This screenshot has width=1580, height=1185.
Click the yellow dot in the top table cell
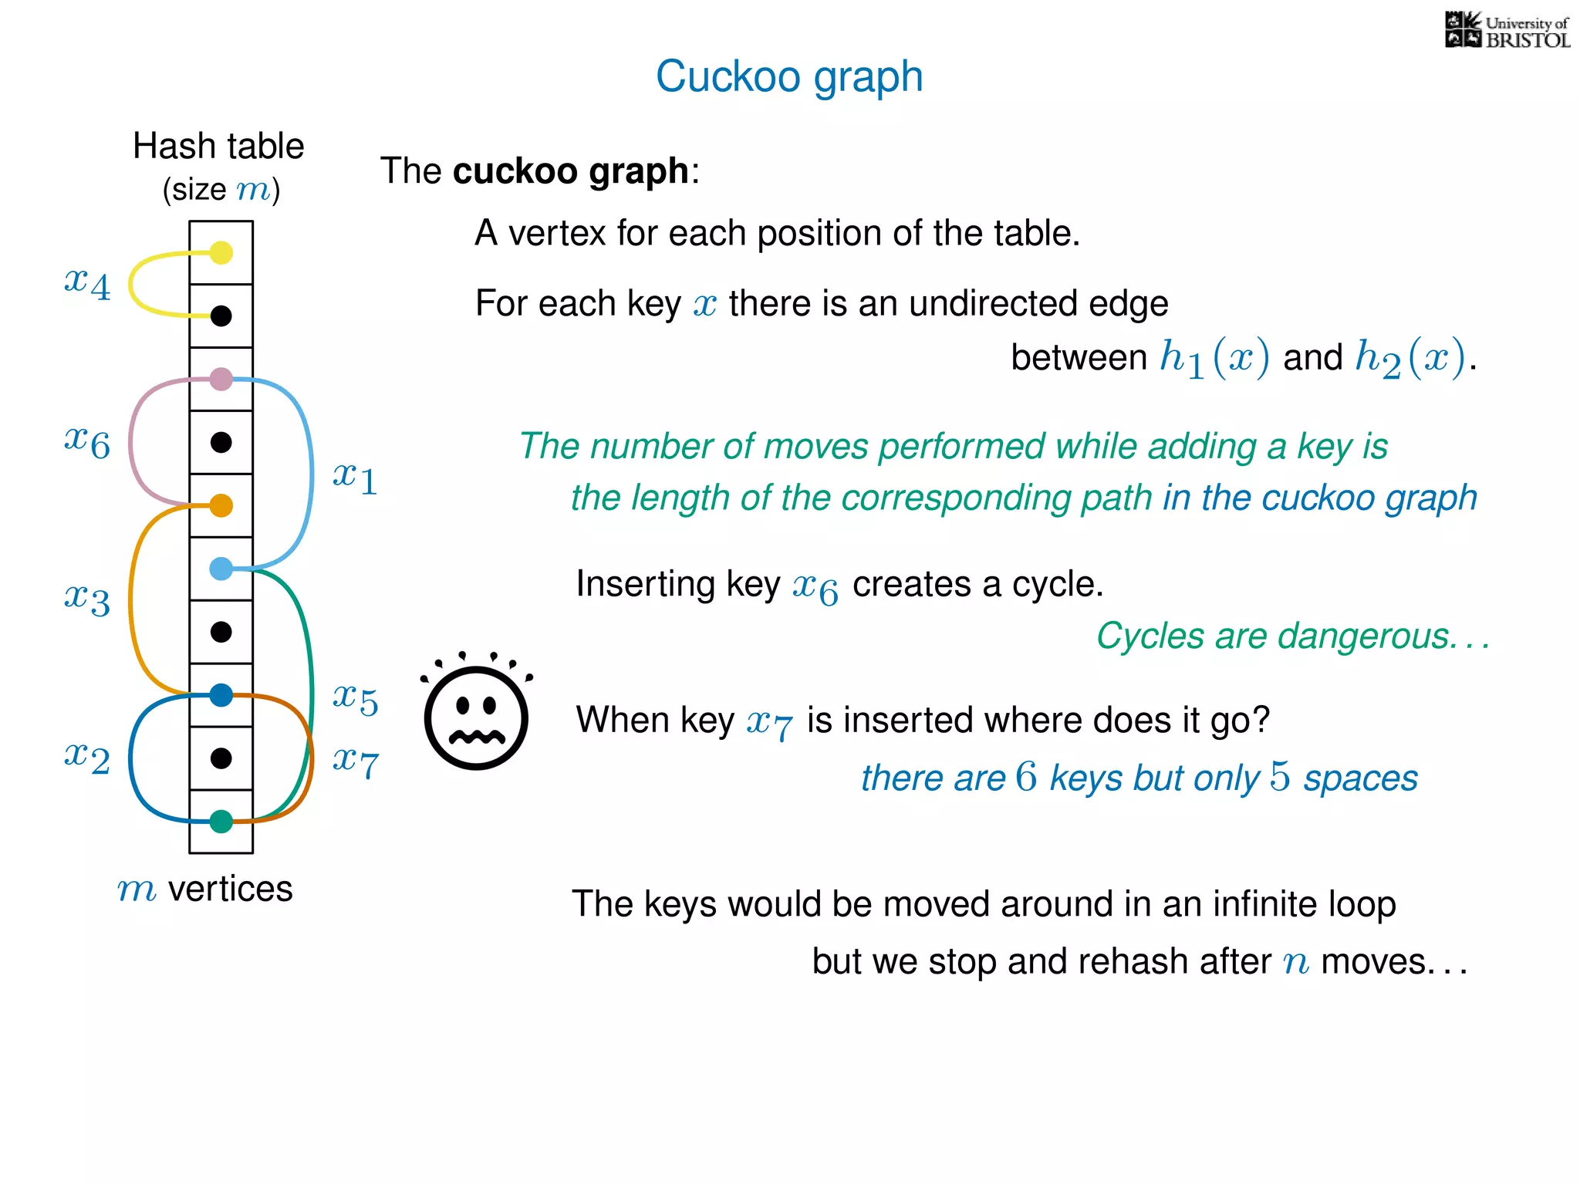click(221, 252)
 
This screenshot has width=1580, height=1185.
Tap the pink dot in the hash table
click(221, 379)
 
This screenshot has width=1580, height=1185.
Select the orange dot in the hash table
click(221, 505)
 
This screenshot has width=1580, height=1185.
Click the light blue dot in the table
click(221, 569)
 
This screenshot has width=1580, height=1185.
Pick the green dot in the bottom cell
click(221, 822)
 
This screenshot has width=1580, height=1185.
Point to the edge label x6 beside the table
click(87, 441)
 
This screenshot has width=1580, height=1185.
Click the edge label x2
click(87, 757)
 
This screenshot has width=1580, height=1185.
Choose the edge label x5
click(355, 698)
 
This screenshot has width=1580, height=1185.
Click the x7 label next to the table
click(355, 761)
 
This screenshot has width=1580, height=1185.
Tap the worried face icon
click(476, 714)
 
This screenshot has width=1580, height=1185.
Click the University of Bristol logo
click(1507, 31)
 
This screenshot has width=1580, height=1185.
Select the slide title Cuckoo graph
click(789, 76)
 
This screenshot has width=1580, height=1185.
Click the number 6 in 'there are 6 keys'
click(1026, 777)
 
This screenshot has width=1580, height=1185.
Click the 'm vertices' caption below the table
click(205, 889)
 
